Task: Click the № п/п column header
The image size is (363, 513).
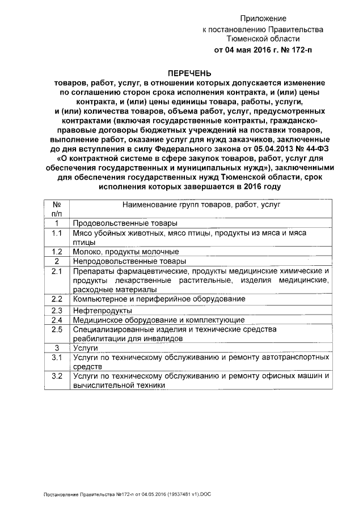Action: coord(57,209)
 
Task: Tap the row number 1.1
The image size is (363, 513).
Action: coord(56,233)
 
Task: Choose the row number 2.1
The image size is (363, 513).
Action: coord(56,271)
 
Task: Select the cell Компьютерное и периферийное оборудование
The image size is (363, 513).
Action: coord(159,298)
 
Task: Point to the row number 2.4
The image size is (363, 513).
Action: coord(56,320)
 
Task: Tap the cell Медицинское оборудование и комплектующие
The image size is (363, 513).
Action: coord(158,320)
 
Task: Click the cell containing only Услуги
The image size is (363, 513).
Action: coord(86,347)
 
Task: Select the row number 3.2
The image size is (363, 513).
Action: coord(56,376)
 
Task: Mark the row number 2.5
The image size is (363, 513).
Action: coord(56,329)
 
